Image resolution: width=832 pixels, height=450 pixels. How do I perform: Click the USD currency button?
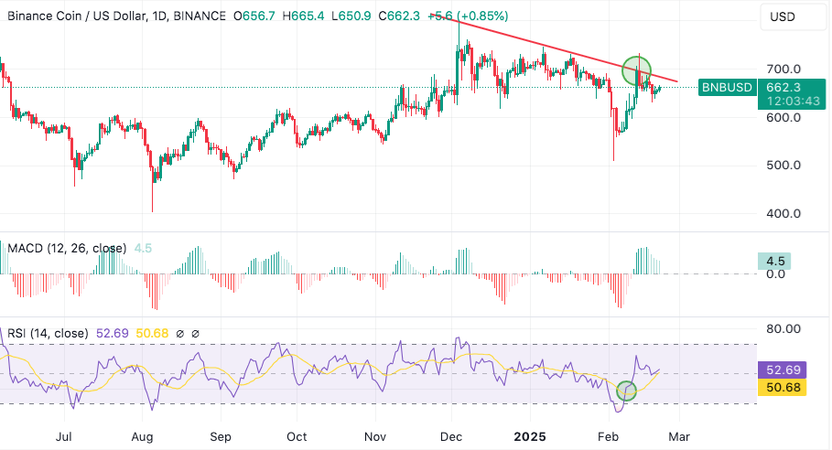pos(783,16)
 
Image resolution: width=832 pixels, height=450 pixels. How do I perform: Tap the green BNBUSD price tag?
pos(727,88)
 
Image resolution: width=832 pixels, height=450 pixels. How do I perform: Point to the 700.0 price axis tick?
pos(783,69)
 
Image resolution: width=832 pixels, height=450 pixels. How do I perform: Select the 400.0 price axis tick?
pos(783,214)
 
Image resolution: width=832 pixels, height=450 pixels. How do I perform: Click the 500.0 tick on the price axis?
pos(783,166)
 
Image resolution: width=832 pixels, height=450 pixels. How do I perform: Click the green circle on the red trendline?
pos(636,70)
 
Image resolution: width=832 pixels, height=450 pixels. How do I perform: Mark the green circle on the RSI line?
pos(626,391)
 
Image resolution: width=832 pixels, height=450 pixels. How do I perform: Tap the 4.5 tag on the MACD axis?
pos(776,261)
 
